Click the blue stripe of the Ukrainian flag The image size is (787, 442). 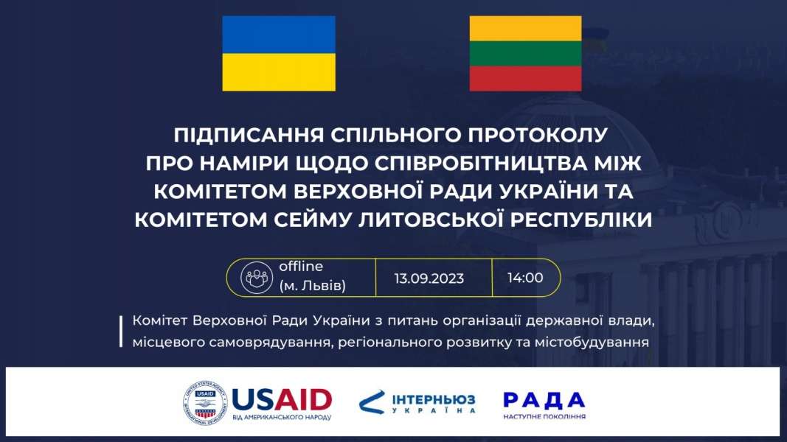(x=279, y=35)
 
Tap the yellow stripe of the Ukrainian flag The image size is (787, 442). (x=279, y=72)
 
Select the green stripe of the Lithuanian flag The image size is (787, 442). (x=525, y=54)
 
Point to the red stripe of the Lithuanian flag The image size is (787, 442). (x=525, y=79)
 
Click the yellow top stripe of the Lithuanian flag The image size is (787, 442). (x=525, y=29)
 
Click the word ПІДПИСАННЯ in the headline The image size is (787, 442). (x=249, y=135)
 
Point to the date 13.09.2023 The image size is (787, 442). (x=429, y=278)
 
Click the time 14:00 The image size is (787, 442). (x=525, y=278)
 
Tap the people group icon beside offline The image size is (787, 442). (x=257, y=278)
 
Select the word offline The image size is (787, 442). (x=301, y=266)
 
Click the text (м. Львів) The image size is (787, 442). (x=313, y=286)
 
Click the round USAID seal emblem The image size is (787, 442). (x=205, y=402)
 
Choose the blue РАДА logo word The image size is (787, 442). (x=544, y=400)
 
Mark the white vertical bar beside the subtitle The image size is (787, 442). (x=121, y=331)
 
